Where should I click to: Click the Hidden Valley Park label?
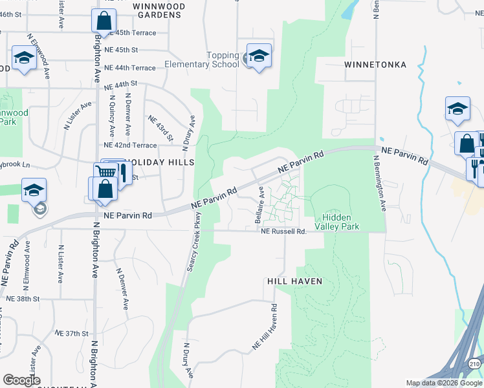336,222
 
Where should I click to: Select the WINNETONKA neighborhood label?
375,65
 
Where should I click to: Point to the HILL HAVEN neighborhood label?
294,281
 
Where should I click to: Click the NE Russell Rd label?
283,231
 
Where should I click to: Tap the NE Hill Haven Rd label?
265,329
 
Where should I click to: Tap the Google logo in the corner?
21,380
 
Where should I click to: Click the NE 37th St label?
71,333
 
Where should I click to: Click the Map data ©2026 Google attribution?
443,383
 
